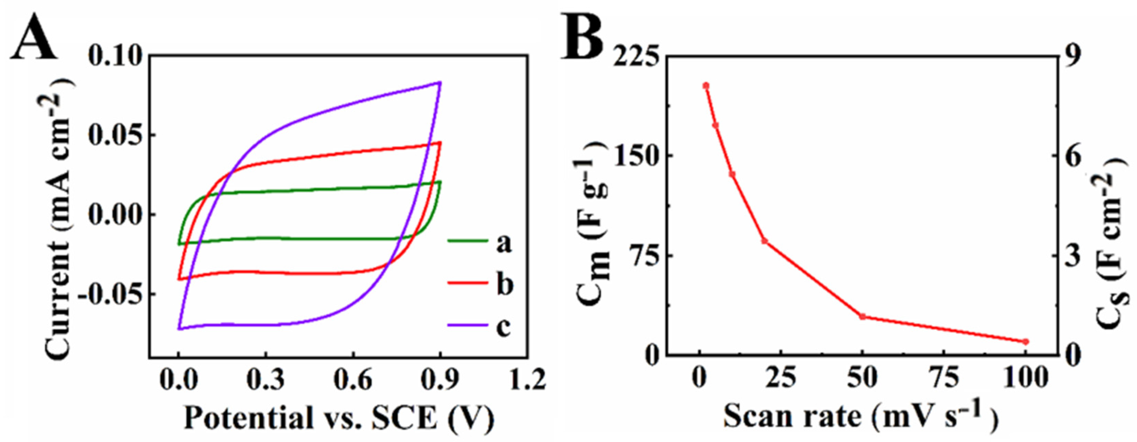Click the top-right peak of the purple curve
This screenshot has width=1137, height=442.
coord(440,83)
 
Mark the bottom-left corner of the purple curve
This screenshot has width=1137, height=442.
coord(179,328)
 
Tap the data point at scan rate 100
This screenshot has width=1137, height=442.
coord(1025,342)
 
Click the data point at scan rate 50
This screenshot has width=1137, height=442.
coord(862,316)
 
